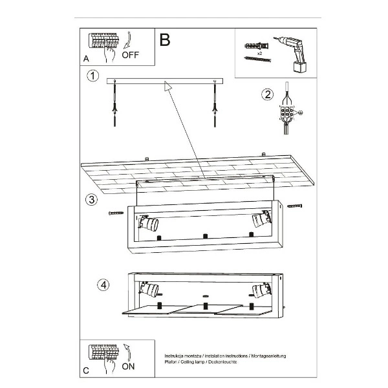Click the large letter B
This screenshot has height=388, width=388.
[x=165, y=40]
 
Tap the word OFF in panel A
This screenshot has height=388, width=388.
[x=130, y=55]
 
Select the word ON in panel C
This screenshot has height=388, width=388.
[x=129, y=366]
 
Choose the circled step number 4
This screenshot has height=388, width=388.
[x=102, y=284]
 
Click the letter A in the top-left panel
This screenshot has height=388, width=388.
[x=85, y=58]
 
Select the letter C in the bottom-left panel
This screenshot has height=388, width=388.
[x=85, y=370]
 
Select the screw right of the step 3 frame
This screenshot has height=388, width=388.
[x=296, y=206]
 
